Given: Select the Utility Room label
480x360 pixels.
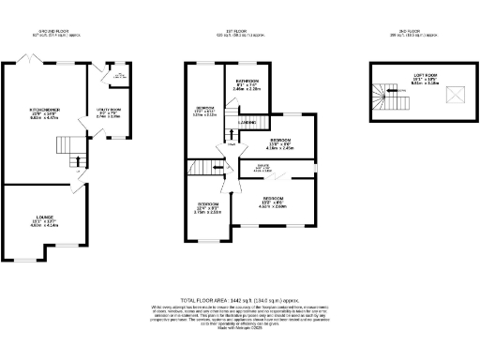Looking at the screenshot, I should (x=109, y=109).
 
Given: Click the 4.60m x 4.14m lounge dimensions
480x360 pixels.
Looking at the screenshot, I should (x=45, y=226).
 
